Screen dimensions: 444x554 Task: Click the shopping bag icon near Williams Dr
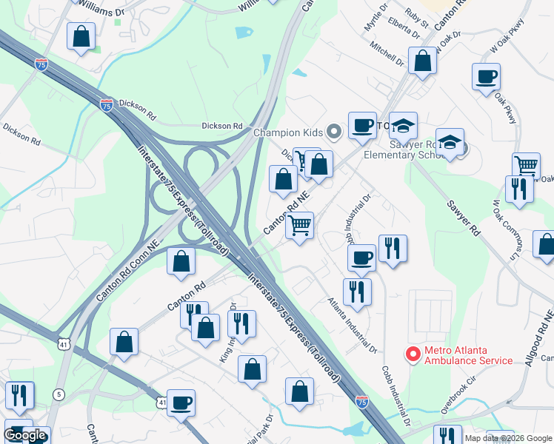click(x=81, y=36)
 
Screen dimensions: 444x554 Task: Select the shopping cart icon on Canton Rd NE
click(x=300, y=225)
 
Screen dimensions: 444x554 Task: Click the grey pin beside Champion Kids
click(x=334, y=132)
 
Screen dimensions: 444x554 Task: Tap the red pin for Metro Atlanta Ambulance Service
click(x=413, y=354)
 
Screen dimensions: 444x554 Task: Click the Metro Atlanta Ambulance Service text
click(x=468, y=354)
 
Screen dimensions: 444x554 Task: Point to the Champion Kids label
click(x=288, y=133)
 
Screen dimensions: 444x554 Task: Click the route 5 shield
click(x=58, y=394)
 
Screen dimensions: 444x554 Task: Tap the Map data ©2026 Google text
click(x=508, y=438)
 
